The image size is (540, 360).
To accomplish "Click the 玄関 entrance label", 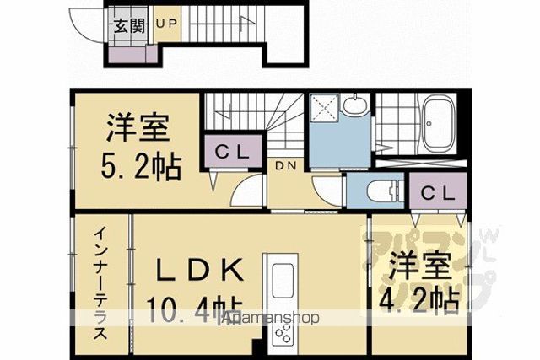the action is point(129,25).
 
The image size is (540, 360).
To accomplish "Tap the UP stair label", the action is point(167,24).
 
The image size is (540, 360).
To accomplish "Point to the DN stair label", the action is point(286,166).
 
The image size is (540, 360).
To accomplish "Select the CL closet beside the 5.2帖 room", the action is point(233,151).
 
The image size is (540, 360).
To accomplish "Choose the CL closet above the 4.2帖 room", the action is point(438,193).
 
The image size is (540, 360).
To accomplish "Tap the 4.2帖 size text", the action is point(419,301).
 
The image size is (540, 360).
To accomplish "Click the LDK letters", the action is point(199,269).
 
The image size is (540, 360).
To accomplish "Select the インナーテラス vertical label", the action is point(100,283).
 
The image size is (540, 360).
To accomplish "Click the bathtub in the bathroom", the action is point(438,124).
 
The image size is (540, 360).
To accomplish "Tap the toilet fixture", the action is point(384,191).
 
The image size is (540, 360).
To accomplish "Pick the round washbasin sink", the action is point(354,105).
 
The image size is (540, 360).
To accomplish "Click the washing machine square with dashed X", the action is point(324,108).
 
